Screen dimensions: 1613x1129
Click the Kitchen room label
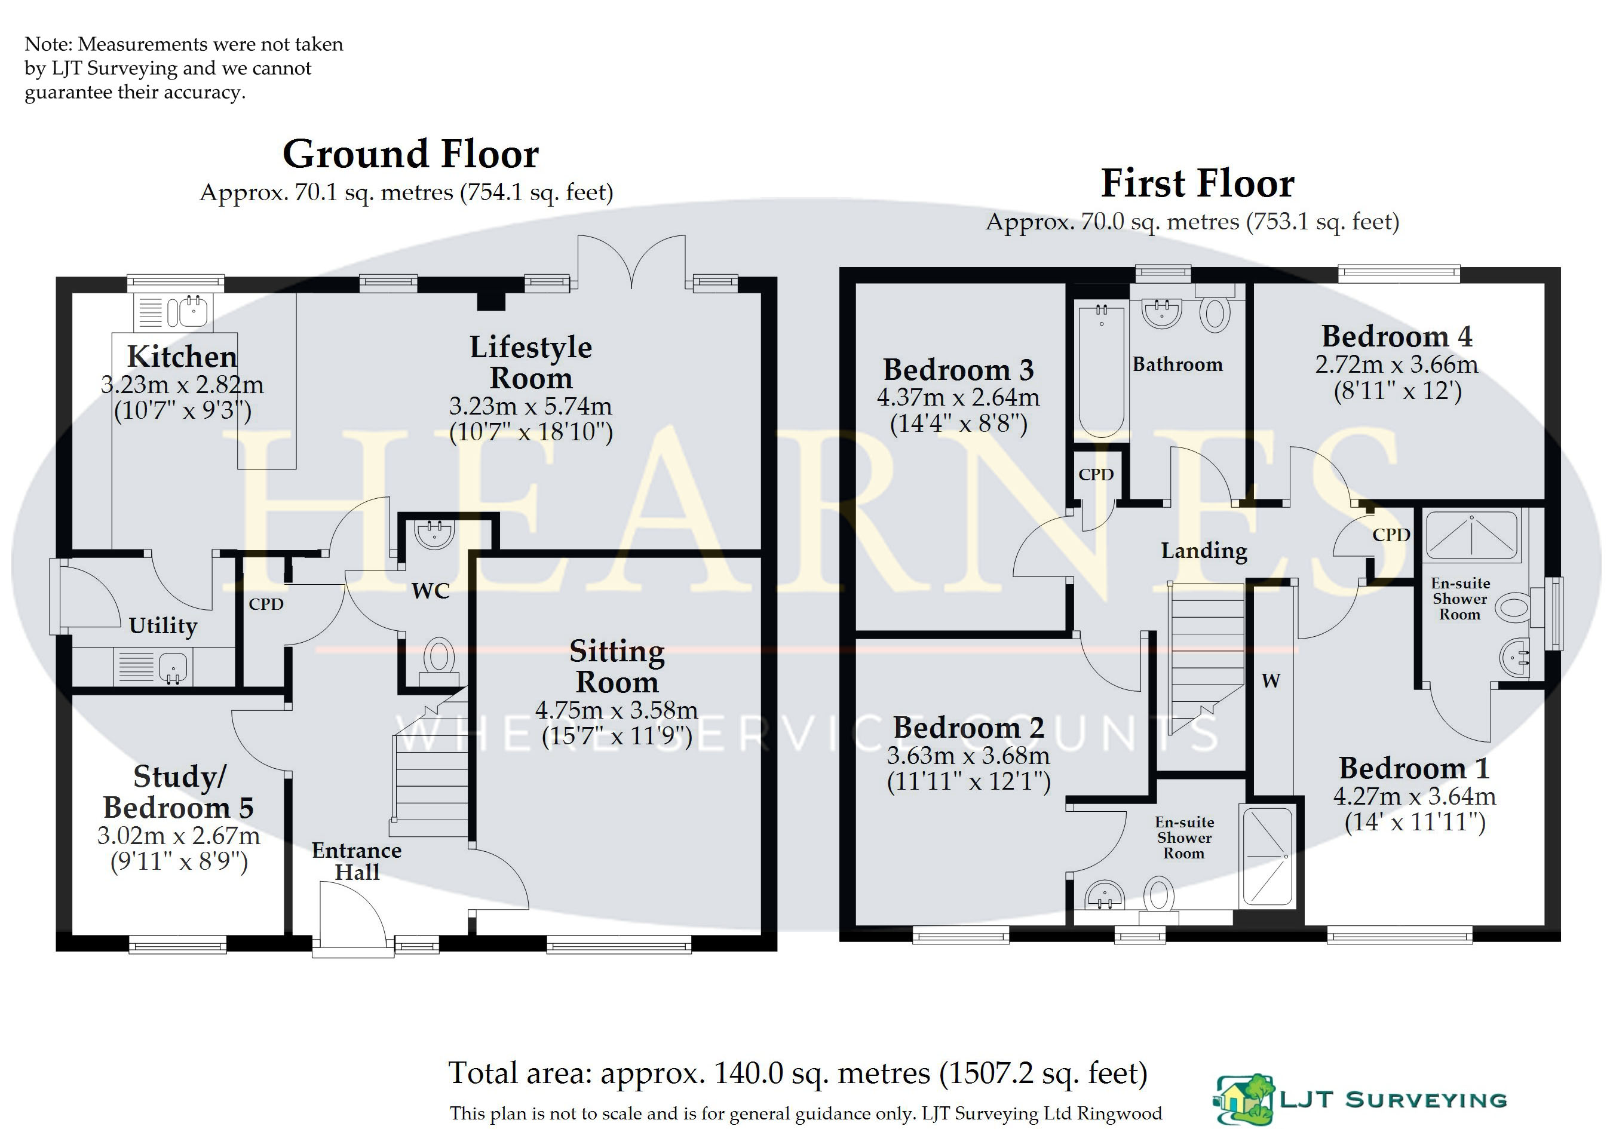(182, 357)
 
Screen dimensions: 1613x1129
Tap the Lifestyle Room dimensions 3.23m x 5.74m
(530, 406)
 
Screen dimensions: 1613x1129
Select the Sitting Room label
(617, 667)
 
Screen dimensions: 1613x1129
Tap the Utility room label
(163, 625)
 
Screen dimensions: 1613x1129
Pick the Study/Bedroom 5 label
(179, 791)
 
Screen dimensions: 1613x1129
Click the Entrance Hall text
(357, 861)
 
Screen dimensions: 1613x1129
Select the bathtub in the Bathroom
(1101, 370)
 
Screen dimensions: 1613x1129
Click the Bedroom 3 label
(958, 370)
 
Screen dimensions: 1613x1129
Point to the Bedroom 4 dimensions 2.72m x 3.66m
(1397, 364)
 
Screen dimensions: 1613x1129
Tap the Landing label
(1204, 551)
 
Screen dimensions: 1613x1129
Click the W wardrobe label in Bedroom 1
(1271, 680)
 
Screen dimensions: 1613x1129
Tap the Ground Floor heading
(411, 154)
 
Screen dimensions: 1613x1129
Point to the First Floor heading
(1198, 183)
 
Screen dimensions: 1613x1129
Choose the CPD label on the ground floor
(266, 604)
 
